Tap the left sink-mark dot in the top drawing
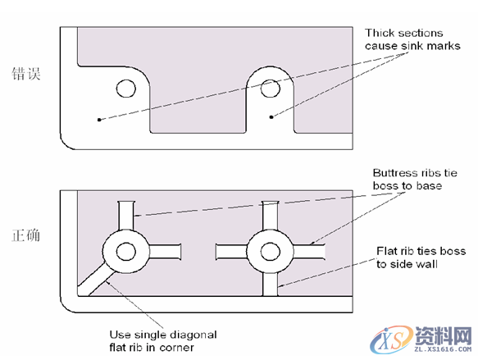tap(99, 120)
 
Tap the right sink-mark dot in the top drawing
tap(271, 117)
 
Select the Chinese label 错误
tap(26, 74)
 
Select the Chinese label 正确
tap(26, 235)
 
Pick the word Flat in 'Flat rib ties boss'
tap(385, 251)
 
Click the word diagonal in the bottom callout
tap(193, 335)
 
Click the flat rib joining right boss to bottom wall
tap(270, 284)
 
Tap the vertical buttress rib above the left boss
tap(126, 216)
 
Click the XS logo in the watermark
tap(391, 339)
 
